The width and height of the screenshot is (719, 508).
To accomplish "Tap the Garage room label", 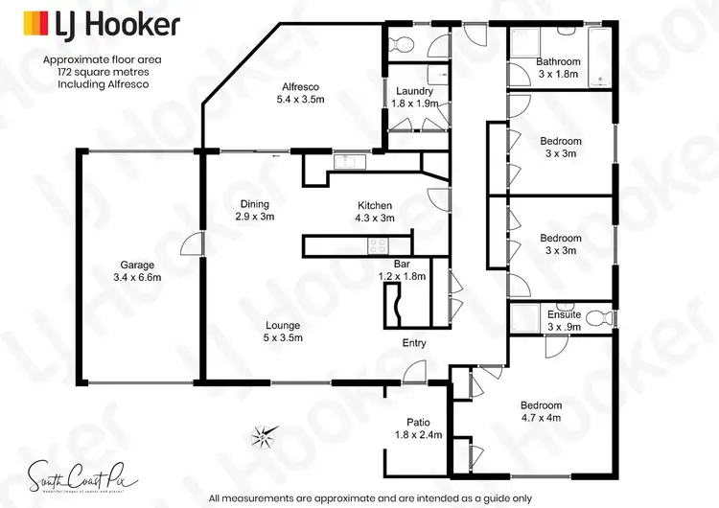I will pyautogui.click(x=136, y=266).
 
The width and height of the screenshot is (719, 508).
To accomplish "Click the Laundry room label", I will pyautogui.click(x=416, y=91).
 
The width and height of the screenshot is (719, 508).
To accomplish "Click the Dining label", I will pyautogui.click(x=254, y=204).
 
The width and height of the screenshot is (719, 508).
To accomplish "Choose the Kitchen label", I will pyautogui.click(x=375, y=205).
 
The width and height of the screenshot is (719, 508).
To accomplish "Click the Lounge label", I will pyautogui.click(x=282, y=325).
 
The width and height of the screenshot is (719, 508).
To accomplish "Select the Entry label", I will pyautogui.click(x=414, y=343).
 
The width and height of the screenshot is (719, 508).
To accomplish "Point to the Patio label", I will pyautogui.click(x=418, y=421).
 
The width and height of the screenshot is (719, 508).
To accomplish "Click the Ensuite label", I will pyautogui.click(x=564, y=314).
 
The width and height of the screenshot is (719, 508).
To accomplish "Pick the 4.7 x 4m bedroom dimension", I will pyautogui.click(x=541, y=418).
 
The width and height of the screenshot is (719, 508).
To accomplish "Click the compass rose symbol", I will pyautogui.click(x=262, y=436).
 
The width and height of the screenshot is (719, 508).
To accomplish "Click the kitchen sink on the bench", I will pyautogui.click(x=345, y=160).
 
